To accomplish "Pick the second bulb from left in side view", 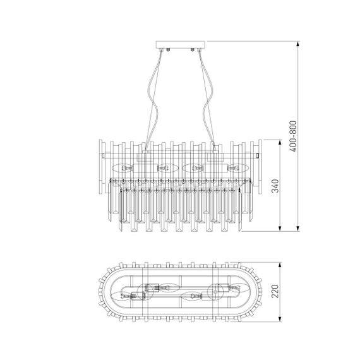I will coord(165,169).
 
